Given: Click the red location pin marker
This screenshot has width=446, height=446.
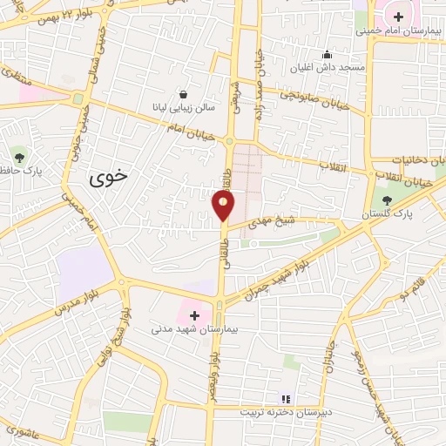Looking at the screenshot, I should click(x=224, y=206).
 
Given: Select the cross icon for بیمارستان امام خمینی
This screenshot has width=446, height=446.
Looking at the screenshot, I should click(x=398, y=17).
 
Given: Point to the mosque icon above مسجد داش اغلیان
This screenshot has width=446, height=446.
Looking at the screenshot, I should click(x=327, y=54).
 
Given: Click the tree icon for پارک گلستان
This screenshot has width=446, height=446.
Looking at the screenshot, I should click(x=388, y=199).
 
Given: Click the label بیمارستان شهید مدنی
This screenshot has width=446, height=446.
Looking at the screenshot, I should click(x=189, y=329).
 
